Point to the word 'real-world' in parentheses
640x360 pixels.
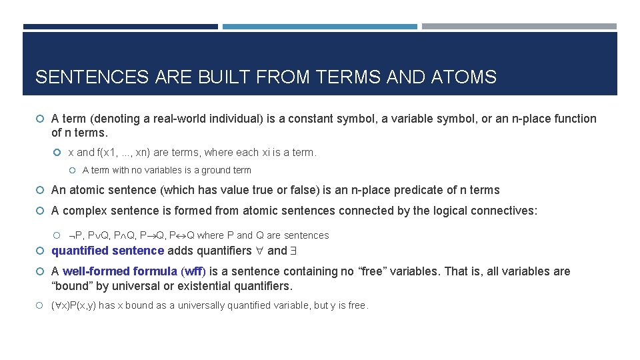tap(184, 119)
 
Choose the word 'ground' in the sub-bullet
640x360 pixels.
tap(211, 170)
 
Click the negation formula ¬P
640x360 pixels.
tap(75, 235)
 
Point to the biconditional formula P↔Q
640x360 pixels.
tap(182, 235)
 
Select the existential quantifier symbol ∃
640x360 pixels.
tap(293, 251)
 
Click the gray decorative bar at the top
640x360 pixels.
tap(519, 27)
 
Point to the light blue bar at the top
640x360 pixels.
tap(319, 27)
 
